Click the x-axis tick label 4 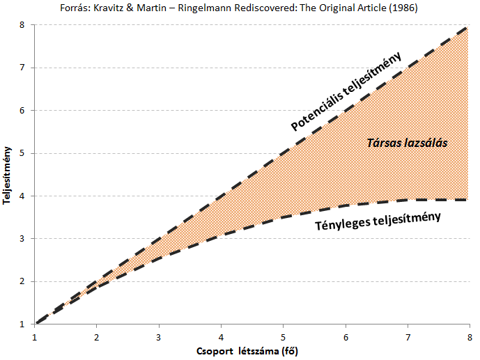pyautogui.click(x=221, y=337)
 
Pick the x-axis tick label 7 pyautogui.click(x=407, y=337)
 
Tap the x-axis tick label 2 pyautogui.click(x=97, y=337)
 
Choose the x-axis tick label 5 pyautogui.click(x=283, y=337)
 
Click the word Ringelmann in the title pyautogui.click(x=222, y=7)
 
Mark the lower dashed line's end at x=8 pyautogui.click(x=467, y=200)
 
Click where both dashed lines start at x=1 pyautogui.click(x=36, y=324)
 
